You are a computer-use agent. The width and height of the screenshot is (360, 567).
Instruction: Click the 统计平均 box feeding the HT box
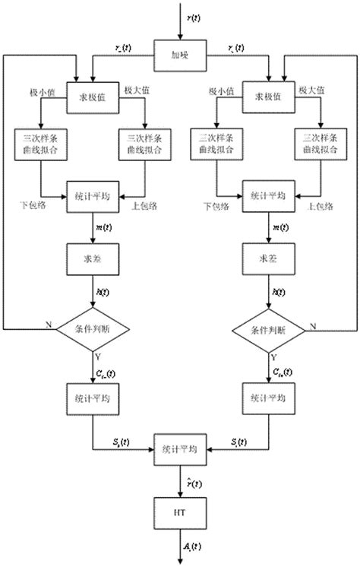click(x=180, y=450)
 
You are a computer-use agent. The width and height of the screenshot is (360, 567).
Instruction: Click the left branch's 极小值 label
click(x=43, y=90)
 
